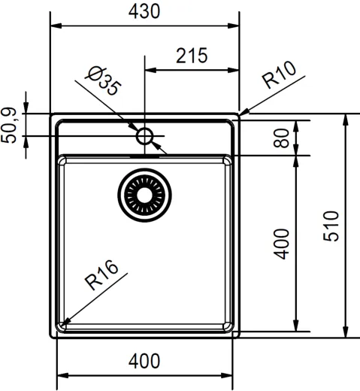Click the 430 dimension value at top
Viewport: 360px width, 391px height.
[144, 12]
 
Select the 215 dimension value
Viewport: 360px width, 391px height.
[192, 56]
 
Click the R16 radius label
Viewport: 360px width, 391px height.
[103, 276]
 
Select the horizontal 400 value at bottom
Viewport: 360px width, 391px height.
[144, 361]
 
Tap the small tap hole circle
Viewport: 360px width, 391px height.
[144, 136]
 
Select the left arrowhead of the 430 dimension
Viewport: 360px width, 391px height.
[55, 26]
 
